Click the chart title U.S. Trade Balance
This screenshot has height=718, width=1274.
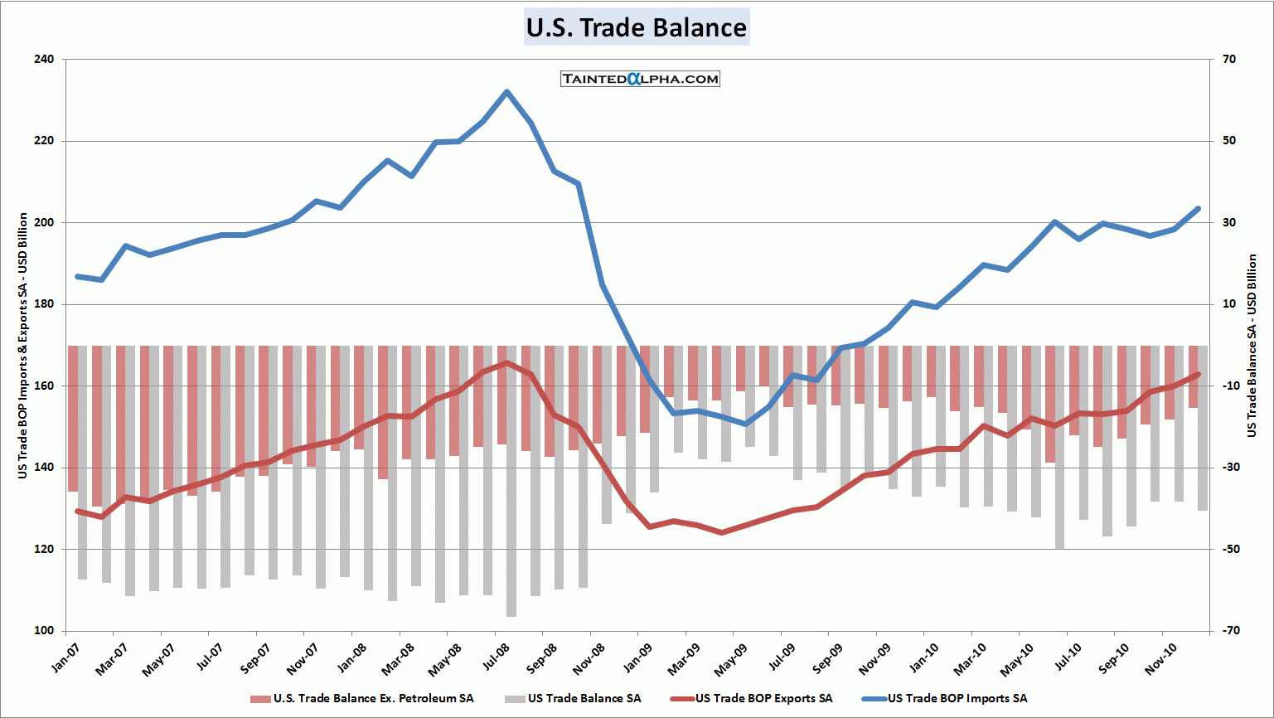click(637, 27)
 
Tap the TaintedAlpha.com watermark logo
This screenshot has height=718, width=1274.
click(640, 79)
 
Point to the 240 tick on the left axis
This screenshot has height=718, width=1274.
click(44, 60)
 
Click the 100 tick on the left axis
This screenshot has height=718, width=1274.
click(44, 630)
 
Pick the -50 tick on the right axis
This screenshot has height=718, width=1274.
click(1228, 549)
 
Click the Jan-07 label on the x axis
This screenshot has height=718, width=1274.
click(65, 658)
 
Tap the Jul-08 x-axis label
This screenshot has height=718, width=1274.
click(496, 658)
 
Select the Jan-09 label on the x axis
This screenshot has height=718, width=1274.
click(638, 658)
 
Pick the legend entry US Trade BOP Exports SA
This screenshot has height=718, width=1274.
click(763, 699)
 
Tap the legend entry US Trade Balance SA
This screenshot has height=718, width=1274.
click(584, 699)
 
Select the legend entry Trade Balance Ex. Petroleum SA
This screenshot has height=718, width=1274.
click(373, 699)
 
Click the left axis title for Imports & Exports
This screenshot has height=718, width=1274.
click(23, 345)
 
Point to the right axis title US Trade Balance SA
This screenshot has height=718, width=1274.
click(1252, 345)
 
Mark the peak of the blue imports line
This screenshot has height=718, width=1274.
click(506, 92)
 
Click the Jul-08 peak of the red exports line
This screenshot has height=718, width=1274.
click(506, 362)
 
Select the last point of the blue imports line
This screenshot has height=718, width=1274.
click(1198, 209)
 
